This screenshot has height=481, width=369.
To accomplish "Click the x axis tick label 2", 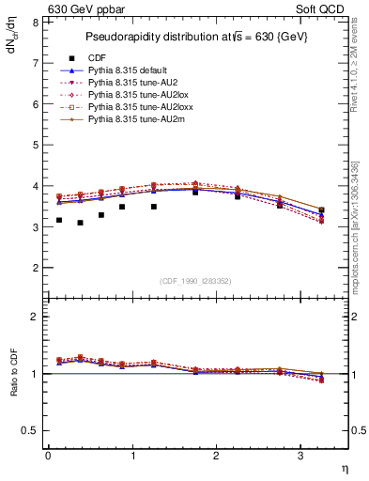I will (217, 457).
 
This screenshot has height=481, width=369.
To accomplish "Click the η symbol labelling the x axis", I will (345, 469).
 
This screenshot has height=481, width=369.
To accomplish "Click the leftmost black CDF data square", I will (59, 220).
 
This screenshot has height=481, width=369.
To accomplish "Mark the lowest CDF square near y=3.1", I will (80, 223).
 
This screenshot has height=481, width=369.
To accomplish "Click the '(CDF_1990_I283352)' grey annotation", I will (194, 280).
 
